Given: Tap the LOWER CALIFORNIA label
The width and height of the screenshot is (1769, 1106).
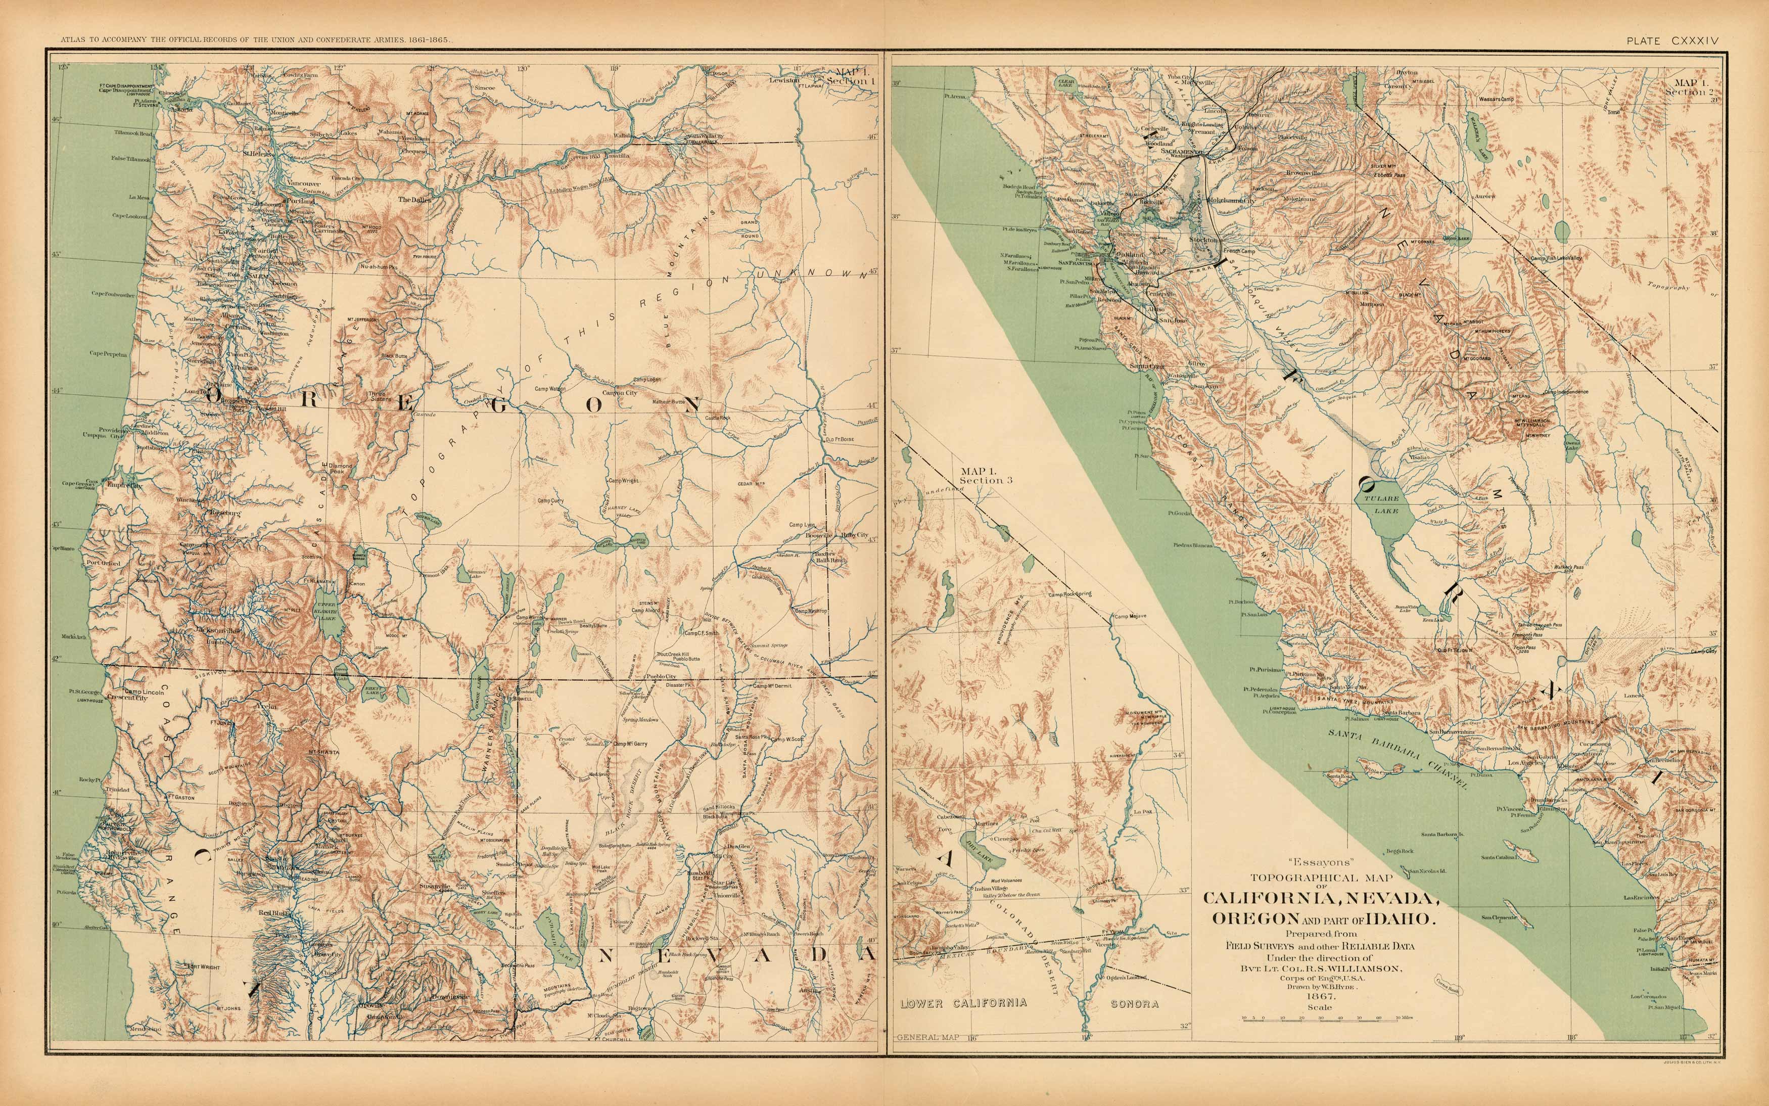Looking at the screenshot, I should point(963,1003).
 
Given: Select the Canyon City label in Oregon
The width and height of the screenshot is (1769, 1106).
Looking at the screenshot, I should point(620,393).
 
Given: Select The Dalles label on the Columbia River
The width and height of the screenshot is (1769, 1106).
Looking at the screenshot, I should point(414,199).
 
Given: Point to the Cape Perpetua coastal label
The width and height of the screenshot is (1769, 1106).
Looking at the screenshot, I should point(108,354).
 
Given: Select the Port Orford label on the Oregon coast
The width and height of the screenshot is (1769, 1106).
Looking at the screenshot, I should point(103,563).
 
